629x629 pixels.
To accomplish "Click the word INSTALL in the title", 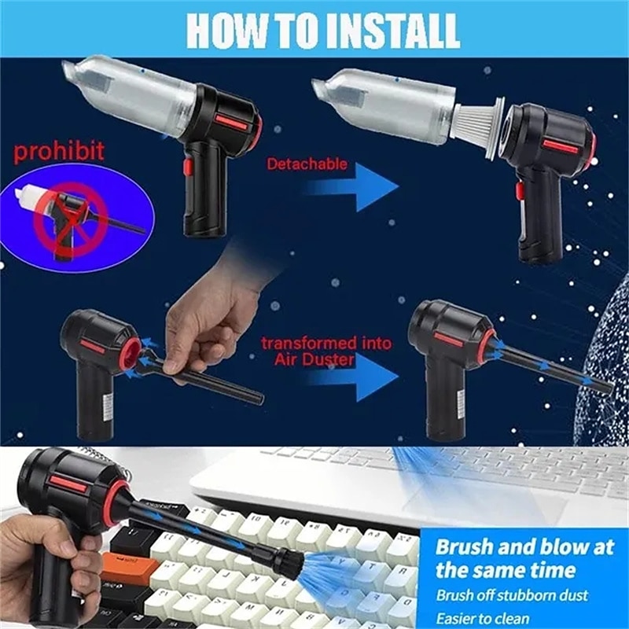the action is point(394,31).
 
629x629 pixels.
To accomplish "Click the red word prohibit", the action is point(59,151).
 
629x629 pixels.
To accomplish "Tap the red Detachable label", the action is point(307,164).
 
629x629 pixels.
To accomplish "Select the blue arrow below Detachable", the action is point(352,186).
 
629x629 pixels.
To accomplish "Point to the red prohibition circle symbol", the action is point(70,219).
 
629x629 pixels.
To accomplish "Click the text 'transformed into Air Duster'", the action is point(326,351).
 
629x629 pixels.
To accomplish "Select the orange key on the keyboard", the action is point(129,566).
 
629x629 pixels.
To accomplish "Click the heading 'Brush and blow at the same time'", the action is point(524,558).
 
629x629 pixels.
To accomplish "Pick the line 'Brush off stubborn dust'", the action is point(513,595).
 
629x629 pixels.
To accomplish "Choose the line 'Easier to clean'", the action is point(483,618).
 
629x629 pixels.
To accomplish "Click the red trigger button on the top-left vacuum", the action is point(187,167).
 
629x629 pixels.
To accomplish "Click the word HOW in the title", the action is point(226,31).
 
